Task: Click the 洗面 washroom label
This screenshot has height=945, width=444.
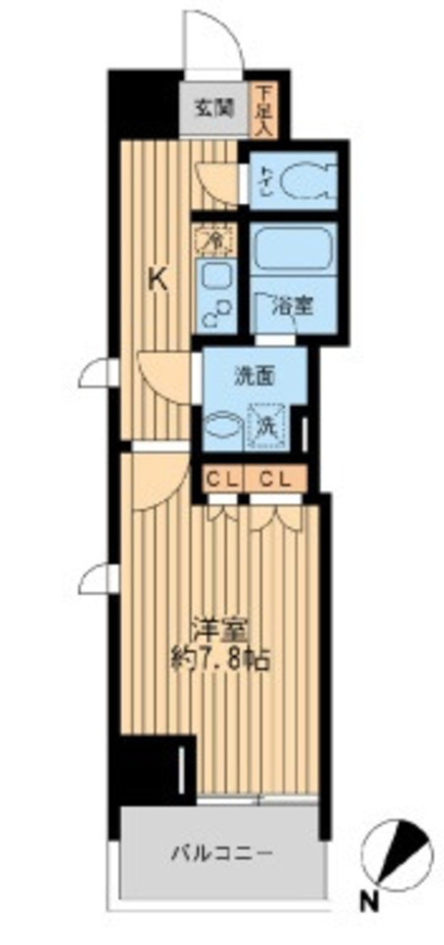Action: click(253, 377)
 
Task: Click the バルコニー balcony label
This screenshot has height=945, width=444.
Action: click(222, 852)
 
